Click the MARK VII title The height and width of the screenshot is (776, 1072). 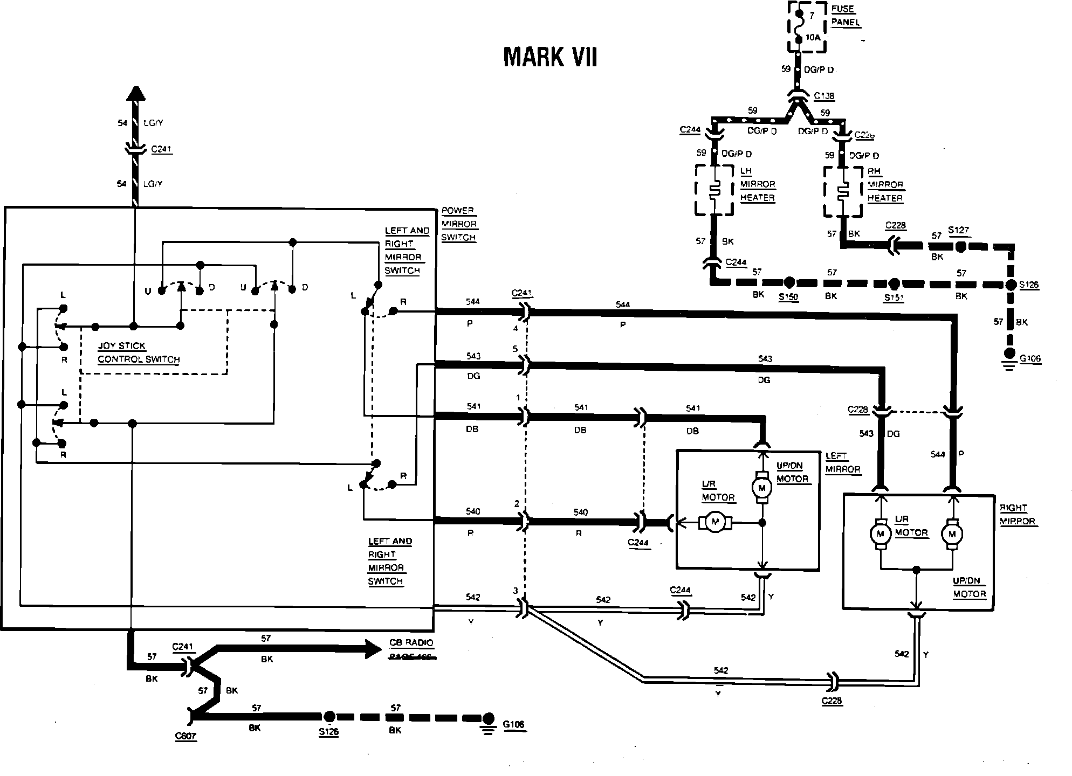[550, 57]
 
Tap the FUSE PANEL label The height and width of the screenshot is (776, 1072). [845, 16]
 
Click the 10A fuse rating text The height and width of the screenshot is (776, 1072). [813, 38]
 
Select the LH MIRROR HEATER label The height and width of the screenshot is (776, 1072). [757, 184]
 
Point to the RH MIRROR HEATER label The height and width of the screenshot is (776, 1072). [885, 185]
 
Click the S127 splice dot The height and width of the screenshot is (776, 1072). [960, 247]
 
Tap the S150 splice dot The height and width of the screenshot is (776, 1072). [789, 282]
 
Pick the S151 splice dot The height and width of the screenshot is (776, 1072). [894, 283]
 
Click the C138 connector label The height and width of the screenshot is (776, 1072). [824, 96]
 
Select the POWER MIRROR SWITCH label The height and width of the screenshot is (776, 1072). [459, 224]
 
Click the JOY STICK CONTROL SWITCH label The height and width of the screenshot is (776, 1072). [138, 353]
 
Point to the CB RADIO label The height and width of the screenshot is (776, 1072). [411, 643]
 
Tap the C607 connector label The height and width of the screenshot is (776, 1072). [185, 736]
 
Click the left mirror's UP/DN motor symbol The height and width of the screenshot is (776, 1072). [762, 488]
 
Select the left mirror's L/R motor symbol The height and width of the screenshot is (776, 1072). [716, 522]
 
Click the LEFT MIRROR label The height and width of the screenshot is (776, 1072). [843, 463]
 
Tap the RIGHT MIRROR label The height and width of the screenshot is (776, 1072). [1018, 515]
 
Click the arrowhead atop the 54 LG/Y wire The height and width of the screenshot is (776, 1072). [136, 94]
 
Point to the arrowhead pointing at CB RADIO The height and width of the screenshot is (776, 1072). [373, 649]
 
